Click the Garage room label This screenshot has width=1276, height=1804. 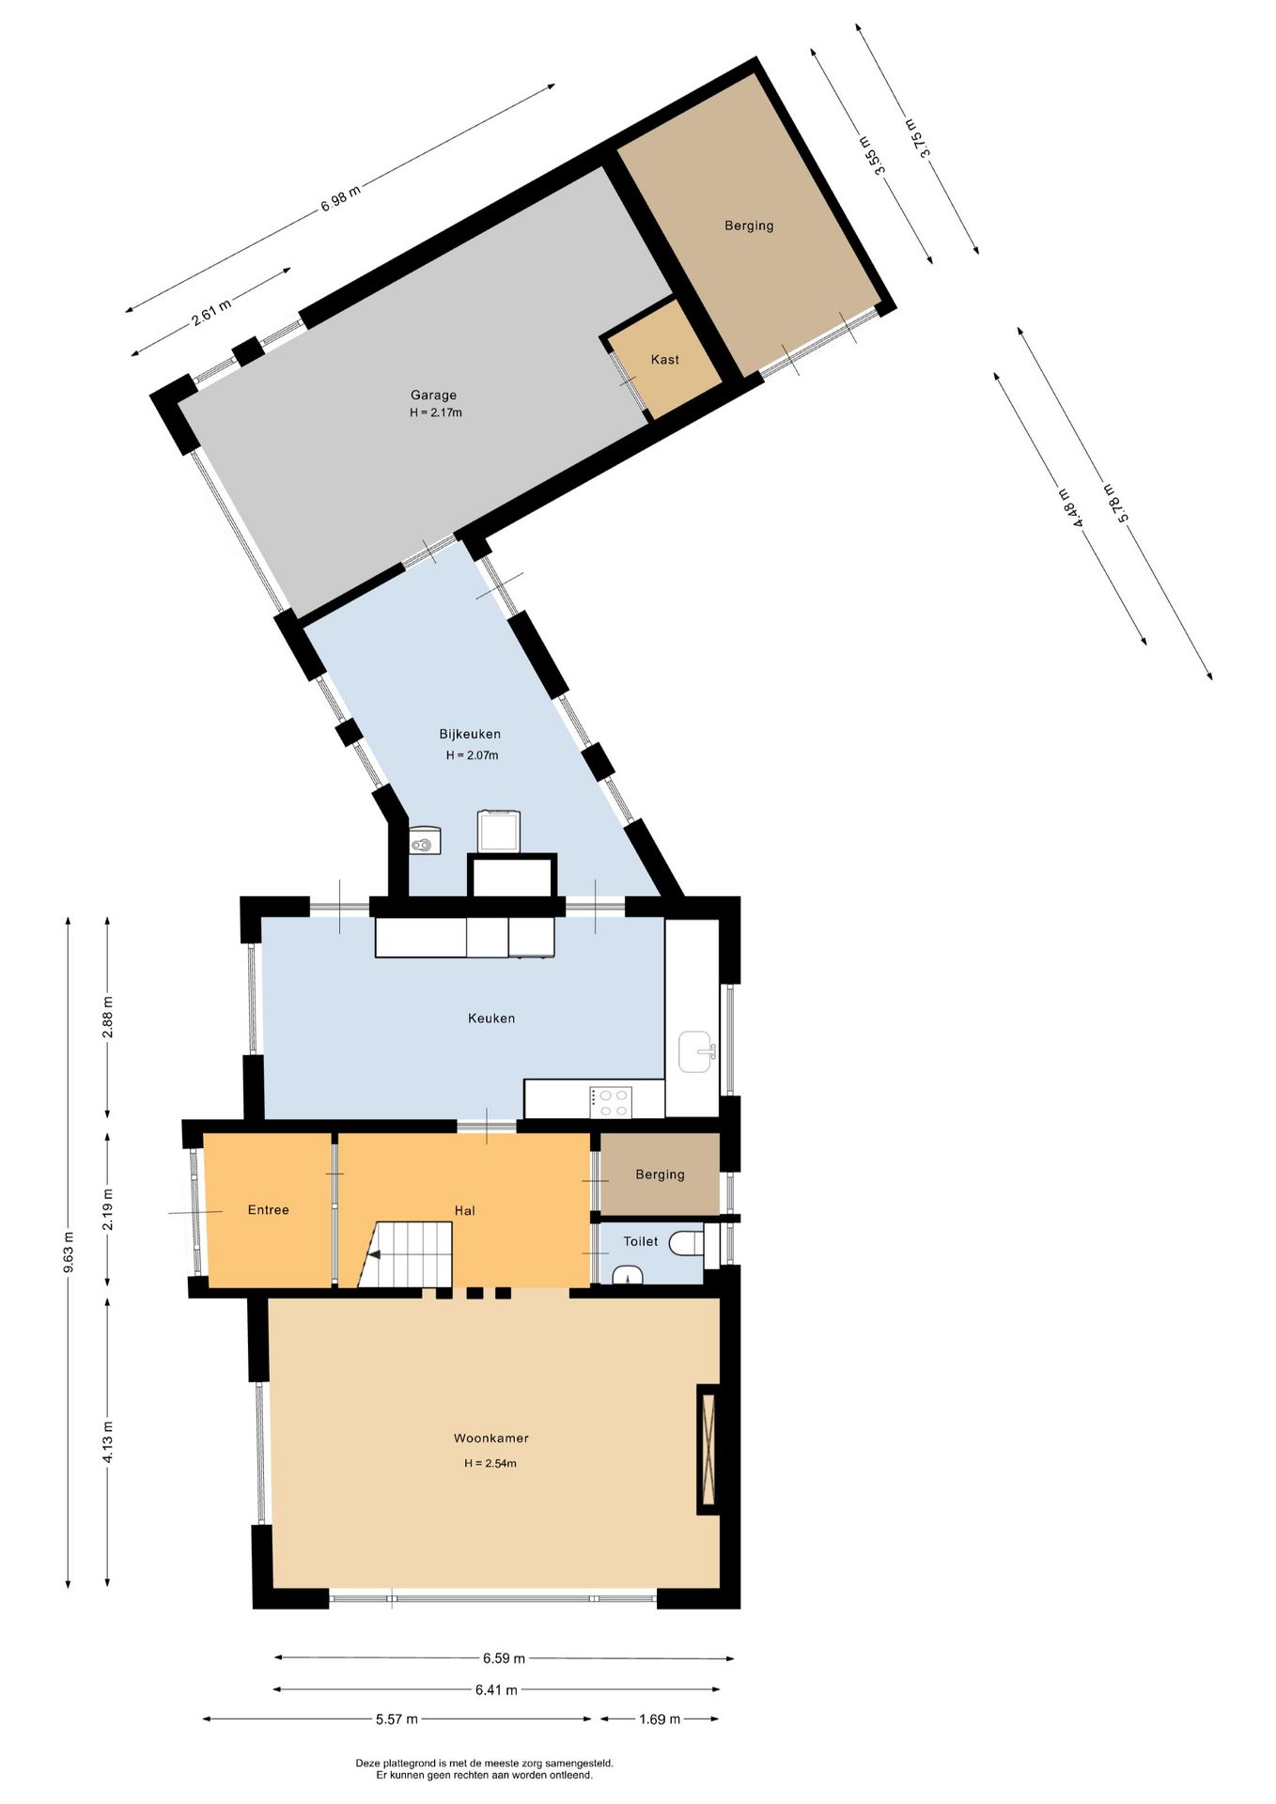click(433, 395)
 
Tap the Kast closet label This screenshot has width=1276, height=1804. click(664, 360)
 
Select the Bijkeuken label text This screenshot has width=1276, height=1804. click(470, 734)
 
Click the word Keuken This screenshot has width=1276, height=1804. click(491, 1018)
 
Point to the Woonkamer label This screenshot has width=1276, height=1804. click(490, 1438)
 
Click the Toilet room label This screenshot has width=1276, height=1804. click(641, 1241)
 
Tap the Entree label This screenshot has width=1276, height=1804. click(268, 1209)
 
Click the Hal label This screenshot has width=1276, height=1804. click(464, 1210)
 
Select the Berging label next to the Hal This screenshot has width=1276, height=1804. click(660, 1174)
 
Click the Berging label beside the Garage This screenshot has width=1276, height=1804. click(749, 225)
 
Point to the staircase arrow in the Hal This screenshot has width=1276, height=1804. click(373, 1254)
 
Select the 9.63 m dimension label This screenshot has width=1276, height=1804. click(68, 1252)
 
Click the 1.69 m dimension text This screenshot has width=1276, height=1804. click(660, 1718)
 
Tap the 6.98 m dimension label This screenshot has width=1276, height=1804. click(340, 198)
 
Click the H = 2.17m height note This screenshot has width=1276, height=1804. click(435, 412)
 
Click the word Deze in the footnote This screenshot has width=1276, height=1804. click(366, 1763)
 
